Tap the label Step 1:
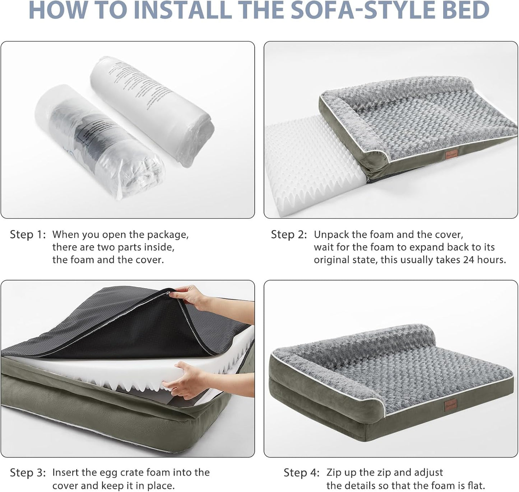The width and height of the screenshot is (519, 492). tap(28, 235)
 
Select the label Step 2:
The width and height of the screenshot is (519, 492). tap(289, 235)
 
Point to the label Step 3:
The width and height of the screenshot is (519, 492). tap(28, 473)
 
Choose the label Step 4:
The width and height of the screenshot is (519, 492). tap(301, 473)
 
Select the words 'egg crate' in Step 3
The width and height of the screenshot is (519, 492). tap(125, 473)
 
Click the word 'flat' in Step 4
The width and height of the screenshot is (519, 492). tap(474, 485)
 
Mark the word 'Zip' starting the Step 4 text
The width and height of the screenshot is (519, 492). tap(334, 473)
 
